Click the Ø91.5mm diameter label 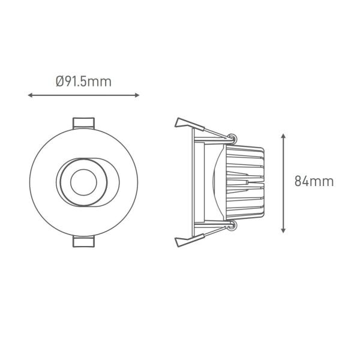point(83,82)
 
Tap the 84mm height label point(314,181)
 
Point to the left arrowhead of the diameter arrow point(30,95)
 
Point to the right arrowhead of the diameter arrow point(137,95)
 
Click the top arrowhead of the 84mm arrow point(283,136)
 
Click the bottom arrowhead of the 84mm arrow point(283,231)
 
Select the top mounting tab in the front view point(83,123)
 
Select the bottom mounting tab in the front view point(83,241)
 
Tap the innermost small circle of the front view point(83,182)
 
